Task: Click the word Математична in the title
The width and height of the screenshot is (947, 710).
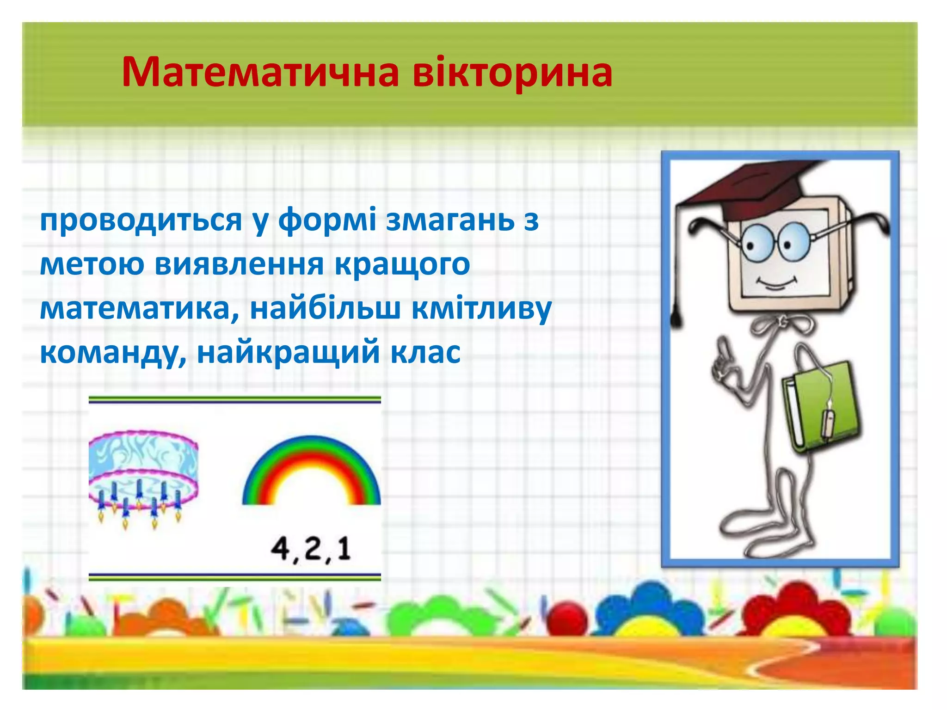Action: point(260,73)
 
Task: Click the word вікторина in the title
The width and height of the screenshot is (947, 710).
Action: point(512,73)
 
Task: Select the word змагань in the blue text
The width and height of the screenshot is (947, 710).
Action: point(450,220)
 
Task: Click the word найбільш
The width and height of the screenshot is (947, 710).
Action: point(325,309)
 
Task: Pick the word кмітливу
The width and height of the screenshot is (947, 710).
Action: point(481,309)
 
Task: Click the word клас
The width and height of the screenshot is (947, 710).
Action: point(425,353)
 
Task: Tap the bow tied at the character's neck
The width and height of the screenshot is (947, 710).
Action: point(781,324)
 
